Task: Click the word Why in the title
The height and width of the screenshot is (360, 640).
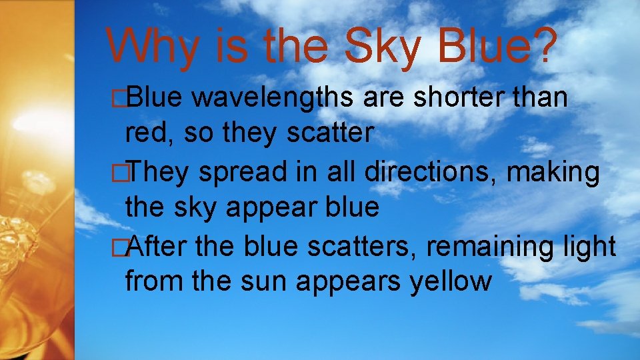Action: pos(148,47)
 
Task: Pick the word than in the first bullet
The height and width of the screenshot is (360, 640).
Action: pos(541,99)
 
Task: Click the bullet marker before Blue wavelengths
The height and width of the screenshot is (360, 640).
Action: pos(119,99)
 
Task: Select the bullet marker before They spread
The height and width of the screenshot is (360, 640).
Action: pos(119,173)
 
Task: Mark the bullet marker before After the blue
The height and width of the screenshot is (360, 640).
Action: pos(119,248)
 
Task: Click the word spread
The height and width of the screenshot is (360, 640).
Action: pos(237,173)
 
